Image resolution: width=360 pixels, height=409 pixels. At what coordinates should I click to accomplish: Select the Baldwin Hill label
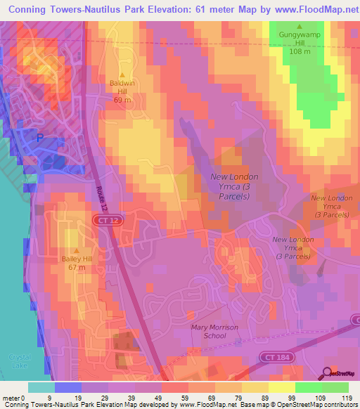(x=122, y=88)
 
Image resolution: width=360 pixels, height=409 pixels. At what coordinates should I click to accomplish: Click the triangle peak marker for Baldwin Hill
(x=122, y=75)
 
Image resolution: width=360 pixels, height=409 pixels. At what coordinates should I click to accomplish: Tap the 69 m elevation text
(x=122, y=100)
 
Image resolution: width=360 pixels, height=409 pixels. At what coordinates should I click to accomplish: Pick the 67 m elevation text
(x=77, y=268)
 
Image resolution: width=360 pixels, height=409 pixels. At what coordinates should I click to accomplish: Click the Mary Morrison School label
(x=214, y=332)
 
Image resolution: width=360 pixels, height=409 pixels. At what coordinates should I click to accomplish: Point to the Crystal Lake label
(x=20, y=361)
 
